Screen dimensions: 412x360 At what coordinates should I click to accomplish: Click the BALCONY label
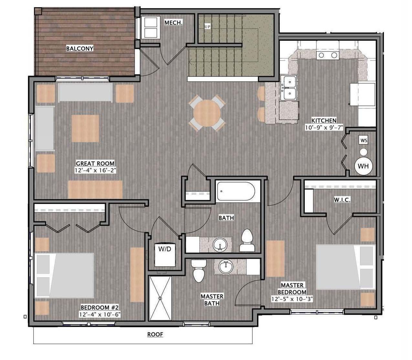[80, 48]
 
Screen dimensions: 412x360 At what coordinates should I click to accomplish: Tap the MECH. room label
[174, 23]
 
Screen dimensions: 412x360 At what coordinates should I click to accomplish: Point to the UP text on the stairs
[207, 26]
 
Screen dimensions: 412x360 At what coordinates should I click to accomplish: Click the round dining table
[207, 113]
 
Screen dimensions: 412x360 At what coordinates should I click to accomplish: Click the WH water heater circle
[363, 166]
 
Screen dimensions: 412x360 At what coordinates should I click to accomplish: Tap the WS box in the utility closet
[364, 140]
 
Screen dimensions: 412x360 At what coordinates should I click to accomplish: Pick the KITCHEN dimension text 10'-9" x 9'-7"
[324, 128]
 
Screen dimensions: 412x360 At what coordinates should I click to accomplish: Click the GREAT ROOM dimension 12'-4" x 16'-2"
[95, 170]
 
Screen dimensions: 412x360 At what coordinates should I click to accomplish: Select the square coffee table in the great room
[85, 129]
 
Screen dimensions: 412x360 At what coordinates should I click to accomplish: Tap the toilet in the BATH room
[247, 240]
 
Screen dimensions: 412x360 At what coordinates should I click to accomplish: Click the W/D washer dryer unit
[165, 255]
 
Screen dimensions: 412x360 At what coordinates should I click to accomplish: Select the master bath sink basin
[226, 267]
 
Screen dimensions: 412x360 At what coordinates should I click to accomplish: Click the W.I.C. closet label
[342, 200]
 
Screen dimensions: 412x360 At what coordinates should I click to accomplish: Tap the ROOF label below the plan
[155, 334]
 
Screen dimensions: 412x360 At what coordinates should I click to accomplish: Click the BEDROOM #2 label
[100, 307]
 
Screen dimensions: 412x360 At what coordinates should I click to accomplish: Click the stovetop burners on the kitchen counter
[328, 55]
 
